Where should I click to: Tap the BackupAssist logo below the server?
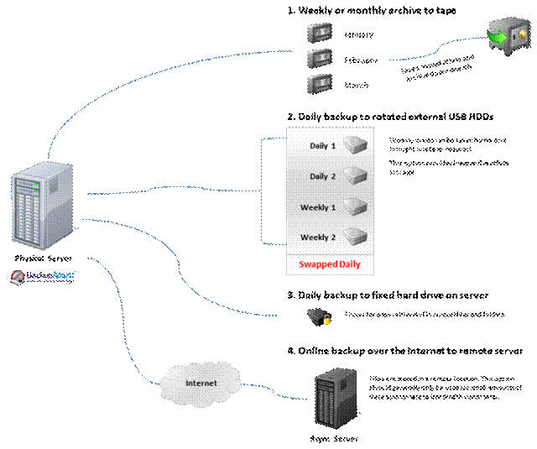click(42, 276)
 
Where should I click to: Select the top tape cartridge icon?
click(319, 33)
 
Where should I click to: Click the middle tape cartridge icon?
click(319, 58)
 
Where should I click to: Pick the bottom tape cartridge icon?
click(319, 83)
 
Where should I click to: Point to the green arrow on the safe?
click(498, 37)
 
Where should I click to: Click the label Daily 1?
click(322, 146)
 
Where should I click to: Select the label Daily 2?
click(322, 176)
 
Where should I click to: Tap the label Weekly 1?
click(318, 207)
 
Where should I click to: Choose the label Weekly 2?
click(318, 238)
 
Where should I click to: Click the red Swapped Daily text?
click(330, 264)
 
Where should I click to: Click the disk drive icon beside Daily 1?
click(356, 146)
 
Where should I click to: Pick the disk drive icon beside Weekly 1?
click(356, 206)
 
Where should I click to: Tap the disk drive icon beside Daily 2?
click(356, 176)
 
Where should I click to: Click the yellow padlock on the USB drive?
click(327, 320)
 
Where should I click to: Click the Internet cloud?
click(201, 384)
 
